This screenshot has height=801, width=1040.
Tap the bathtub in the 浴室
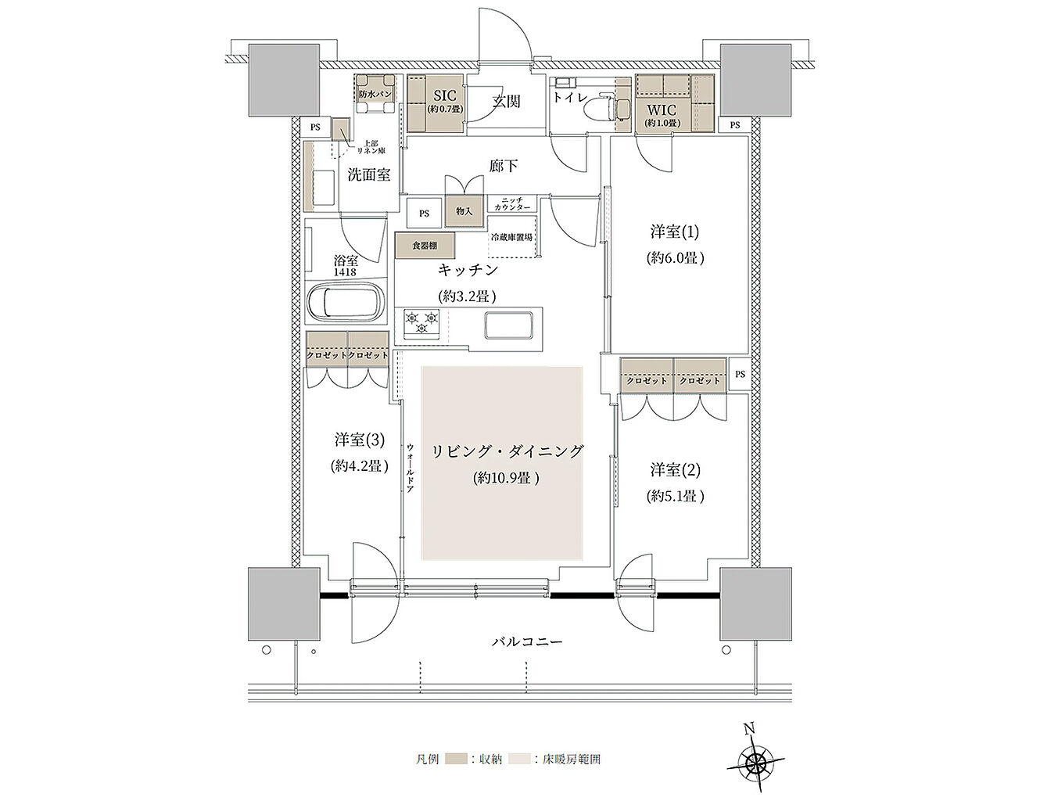coord(345,303)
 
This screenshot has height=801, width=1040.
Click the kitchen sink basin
coord(510,324)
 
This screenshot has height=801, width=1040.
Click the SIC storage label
coord(443,97)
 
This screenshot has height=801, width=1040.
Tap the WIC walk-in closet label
coord(662,110)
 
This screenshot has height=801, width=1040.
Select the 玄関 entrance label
coord(506,101)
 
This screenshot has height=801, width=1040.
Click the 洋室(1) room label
coord(675,232)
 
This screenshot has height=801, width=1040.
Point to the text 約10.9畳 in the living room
coord(506,478)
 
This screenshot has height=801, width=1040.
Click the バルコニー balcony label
coord(527,641)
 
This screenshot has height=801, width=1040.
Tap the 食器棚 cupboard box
coord(424,246)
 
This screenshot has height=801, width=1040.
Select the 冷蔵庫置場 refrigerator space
coord(512,237)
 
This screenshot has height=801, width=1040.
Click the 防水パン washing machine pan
coord(375,94)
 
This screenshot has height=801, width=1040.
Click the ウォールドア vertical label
coord(410,468)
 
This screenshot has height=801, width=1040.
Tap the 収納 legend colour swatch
coord(457,759)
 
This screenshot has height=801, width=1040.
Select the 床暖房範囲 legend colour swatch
coord(519,759)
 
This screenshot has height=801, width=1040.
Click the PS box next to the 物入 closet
coord(424,213)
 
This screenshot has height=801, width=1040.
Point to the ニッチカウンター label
coord(512,204)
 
